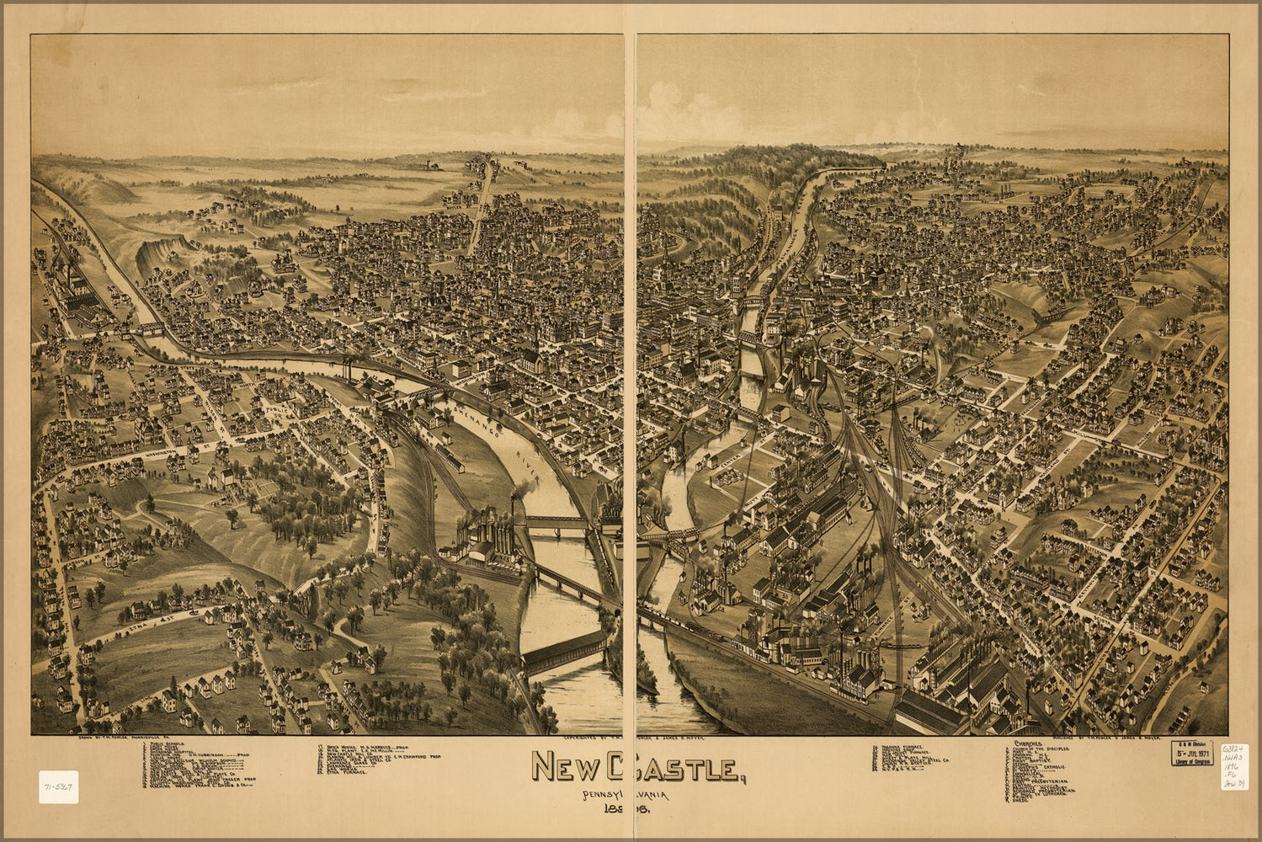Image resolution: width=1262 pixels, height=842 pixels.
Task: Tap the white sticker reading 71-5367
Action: point(58,786)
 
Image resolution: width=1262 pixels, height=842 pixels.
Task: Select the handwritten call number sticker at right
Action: point(1234,765)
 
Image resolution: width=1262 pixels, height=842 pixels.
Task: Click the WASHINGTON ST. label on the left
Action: point(160,453)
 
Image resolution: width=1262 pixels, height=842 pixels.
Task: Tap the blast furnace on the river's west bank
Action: point(488,539)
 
